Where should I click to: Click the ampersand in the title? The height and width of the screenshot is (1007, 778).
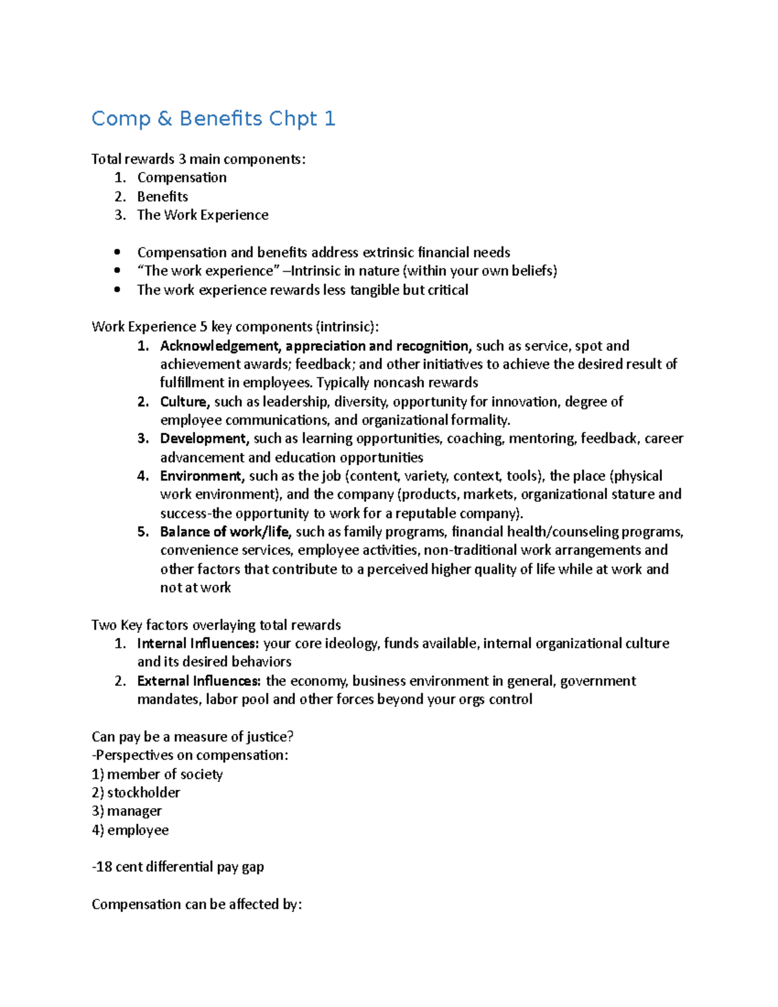point(164,119)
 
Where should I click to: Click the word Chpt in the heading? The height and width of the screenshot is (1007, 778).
point(293,119)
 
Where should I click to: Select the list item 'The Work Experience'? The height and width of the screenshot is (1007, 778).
point(202,215)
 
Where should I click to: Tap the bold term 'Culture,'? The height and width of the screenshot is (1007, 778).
point(185,402)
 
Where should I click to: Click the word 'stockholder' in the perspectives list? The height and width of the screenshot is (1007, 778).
point(143,793)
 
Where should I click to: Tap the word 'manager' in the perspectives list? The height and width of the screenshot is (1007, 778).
point(134,811)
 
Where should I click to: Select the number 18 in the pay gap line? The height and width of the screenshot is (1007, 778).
point(104,868)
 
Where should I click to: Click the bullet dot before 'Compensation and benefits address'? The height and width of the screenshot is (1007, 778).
point(117,253)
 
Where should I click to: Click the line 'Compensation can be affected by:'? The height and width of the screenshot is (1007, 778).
point(196,905)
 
